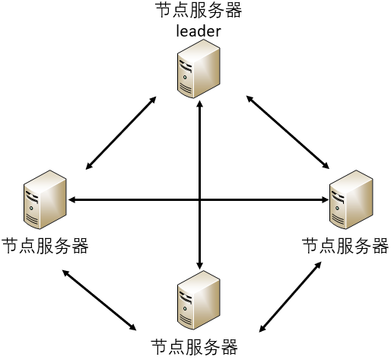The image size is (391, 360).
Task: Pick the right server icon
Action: [351, 200]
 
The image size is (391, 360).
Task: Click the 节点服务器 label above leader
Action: [197, 11]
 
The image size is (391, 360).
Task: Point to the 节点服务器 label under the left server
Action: [45, 247]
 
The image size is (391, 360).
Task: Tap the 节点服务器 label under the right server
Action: [345, 247]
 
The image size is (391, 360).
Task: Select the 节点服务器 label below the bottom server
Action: [195, 346]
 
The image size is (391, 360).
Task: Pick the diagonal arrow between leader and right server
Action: [287, 130]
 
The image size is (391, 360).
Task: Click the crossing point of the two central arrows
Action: [199, 200]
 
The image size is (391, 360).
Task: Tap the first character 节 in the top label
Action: [162, 11]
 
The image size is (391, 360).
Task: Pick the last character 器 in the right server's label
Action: [380, 247]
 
